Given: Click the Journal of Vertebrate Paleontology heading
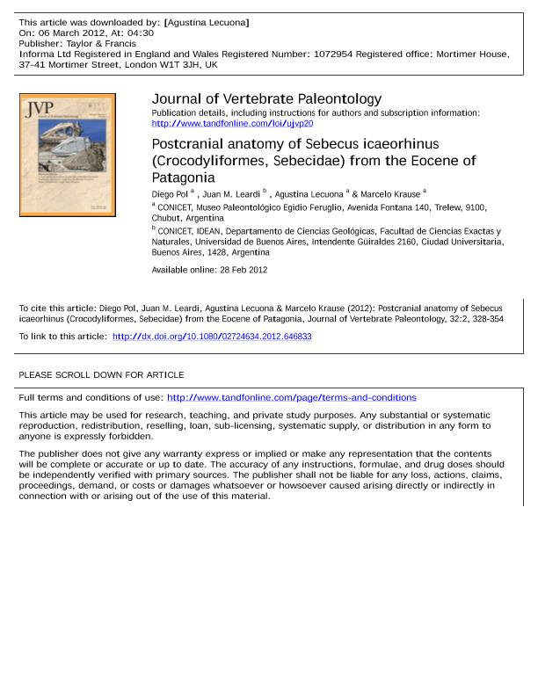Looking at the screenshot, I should click(x=266, y=99).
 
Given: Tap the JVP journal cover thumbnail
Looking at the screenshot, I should click(x=68, y=155).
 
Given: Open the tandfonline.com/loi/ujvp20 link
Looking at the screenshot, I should click(x=232, y=124).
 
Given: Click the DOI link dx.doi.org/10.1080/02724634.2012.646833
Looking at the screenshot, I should click(x=212, y=337).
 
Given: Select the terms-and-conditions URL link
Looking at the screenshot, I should click(x=291, y=397).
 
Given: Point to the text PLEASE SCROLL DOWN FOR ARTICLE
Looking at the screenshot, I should click(x=101, y=375).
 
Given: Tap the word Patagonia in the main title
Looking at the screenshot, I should click(x=184, y=177).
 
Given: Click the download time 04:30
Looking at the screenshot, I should click(x=140, y=33).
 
